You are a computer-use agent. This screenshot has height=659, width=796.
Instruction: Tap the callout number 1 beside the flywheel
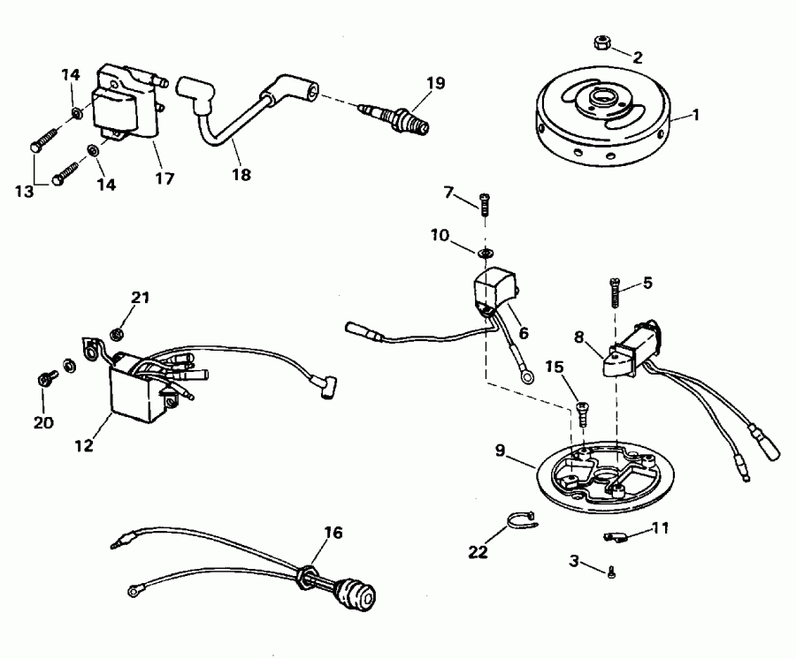coord(695,114)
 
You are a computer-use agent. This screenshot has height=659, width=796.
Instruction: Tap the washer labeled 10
coord(484,254)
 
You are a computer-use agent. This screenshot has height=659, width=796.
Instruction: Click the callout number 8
coord(579,336)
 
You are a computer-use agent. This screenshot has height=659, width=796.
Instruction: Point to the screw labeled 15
coord(582,412)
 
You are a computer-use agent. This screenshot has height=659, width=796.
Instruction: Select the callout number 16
coord(333,534)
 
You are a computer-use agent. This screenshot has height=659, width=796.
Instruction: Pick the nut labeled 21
coord(115,334)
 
